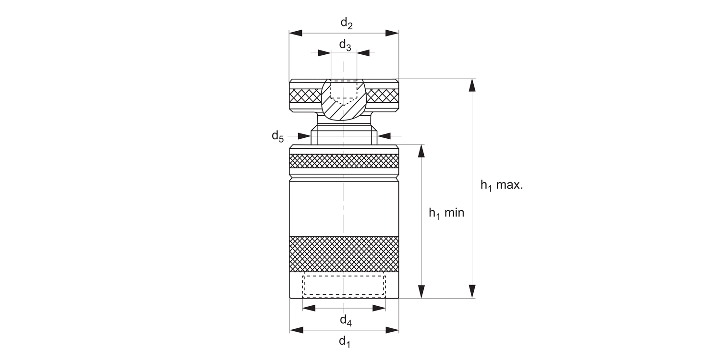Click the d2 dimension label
[x=347, y=23]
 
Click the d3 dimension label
[x=345, y=46]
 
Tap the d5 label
[x=277, y=136]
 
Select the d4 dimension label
[x=346, y=320]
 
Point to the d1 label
[x=345, y=342]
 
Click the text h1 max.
[x=501, y=185]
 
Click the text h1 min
[x=446, y=213]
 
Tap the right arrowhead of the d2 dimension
[x=392, y=33]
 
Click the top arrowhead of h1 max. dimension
[x=472, y=85]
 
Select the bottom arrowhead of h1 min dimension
[x=421, y=291]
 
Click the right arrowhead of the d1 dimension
[x=393, y=330]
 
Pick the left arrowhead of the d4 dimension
[x=309, y=308]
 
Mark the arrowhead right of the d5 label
[x=384, y=136]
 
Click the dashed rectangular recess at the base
[x=344, y=285]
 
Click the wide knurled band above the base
[x=344, y=254]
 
